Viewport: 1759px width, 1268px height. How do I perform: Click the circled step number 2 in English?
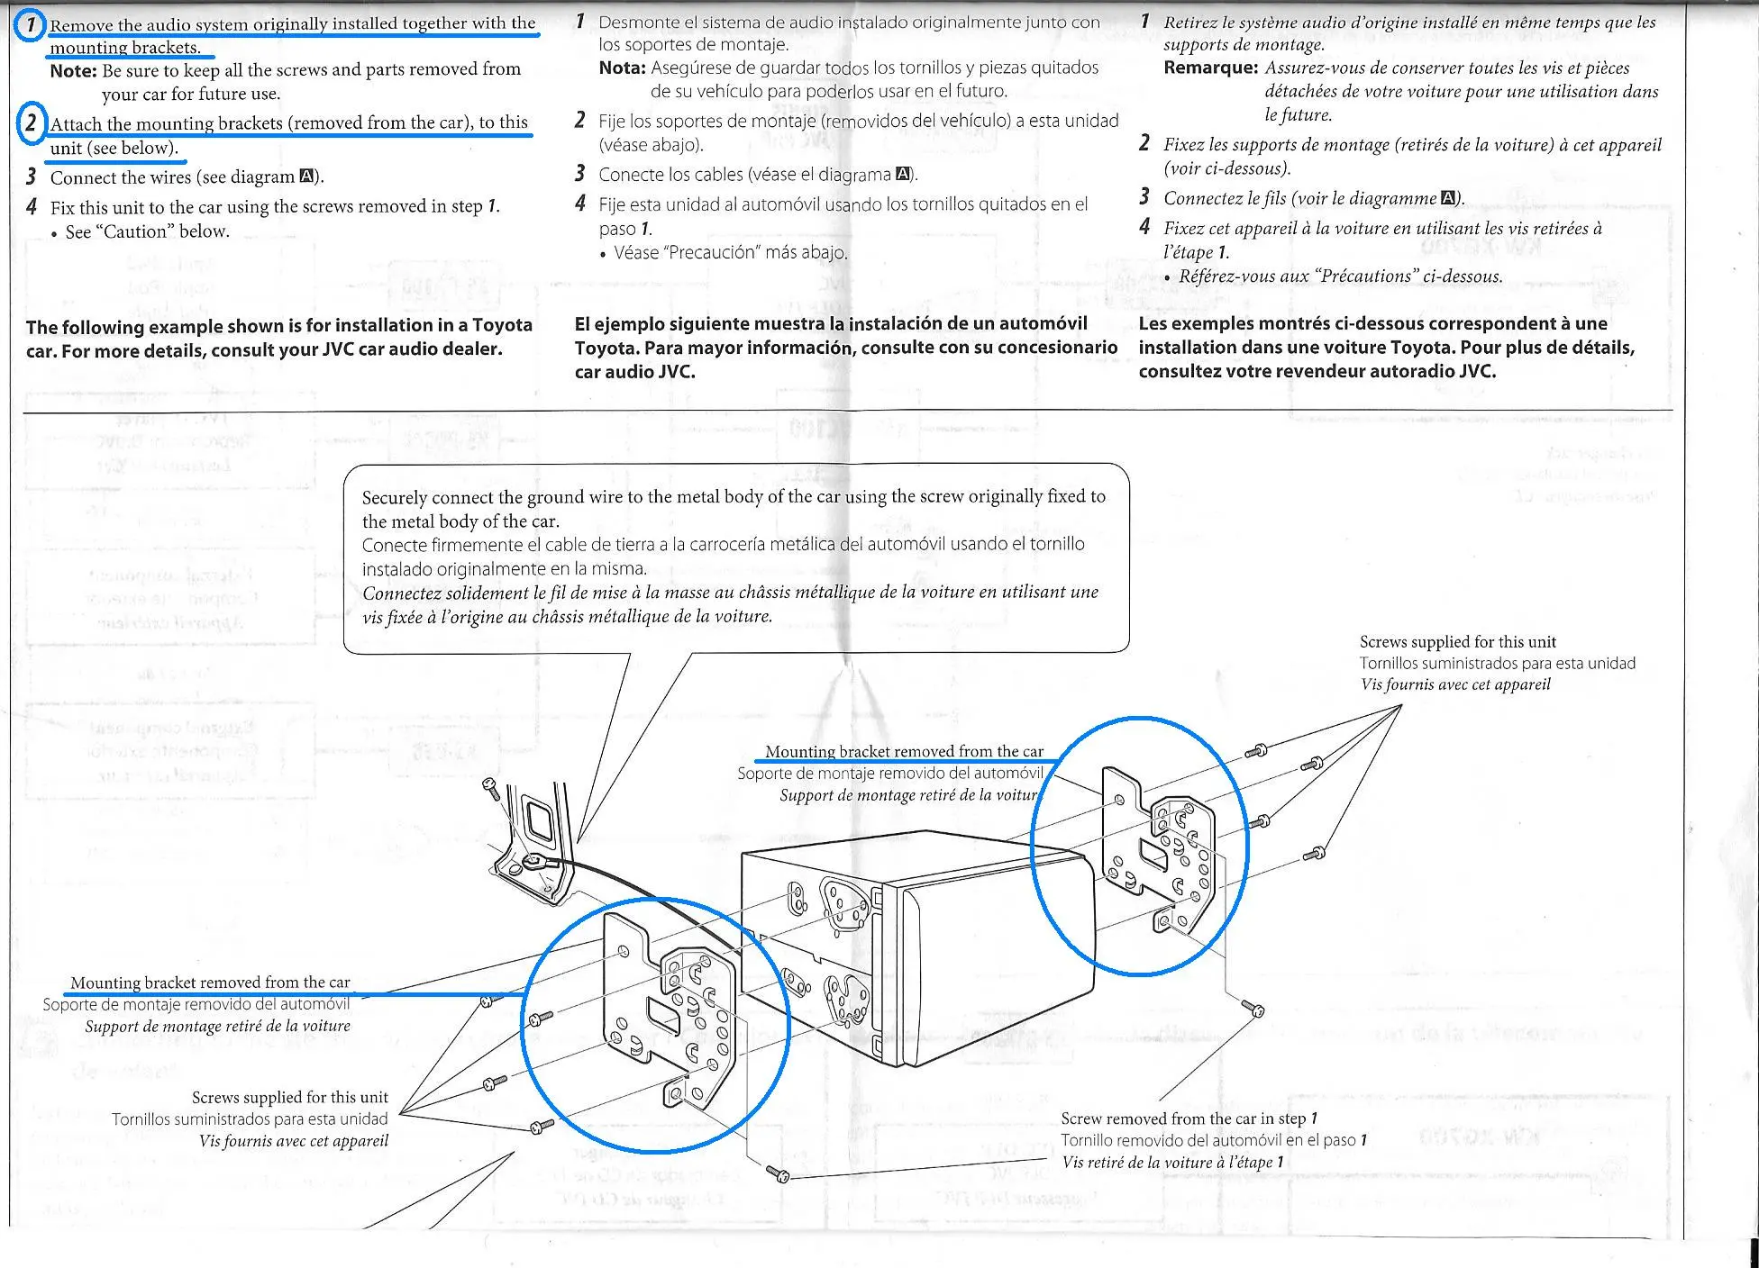(x=32, y=122)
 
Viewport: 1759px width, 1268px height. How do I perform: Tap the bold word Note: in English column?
(x=73, y=70)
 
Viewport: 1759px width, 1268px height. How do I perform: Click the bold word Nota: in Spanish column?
(x=622, y=68)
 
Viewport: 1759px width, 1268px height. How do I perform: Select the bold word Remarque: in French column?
(x=1210, y=68)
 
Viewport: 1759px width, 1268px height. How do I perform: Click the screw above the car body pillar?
(x=490, y=788)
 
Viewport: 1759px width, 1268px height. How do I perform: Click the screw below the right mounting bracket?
(x=1253, y=1008)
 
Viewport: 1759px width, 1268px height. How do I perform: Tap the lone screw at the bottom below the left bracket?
(x=778, y=1173)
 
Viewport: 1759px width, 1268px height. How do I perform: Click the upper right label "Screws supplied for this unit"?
(x=1457, y=642)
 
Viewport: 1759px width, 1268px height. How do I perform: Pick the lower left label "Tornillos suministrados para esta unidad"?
(x=250, y=1119)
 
